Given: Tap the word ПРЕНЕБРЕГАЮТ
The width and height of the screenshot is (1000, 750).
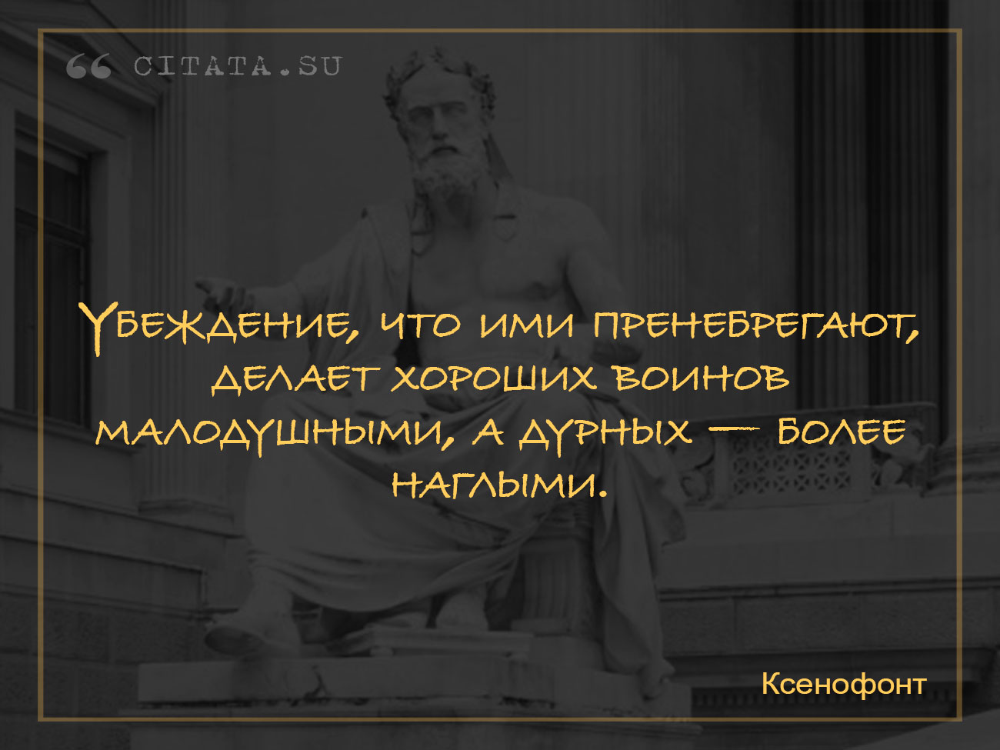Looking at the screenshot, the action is coord(756,325).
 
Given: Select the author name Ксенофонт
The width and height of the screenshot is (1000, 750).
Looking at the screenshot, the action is coord(844,684).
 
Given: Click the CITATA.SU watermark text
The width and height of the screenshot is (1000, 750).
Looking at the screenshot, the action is coord(238,66).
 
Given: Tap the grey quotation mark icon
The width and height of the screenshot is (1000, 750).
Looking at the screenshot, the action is coord(88,66).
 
